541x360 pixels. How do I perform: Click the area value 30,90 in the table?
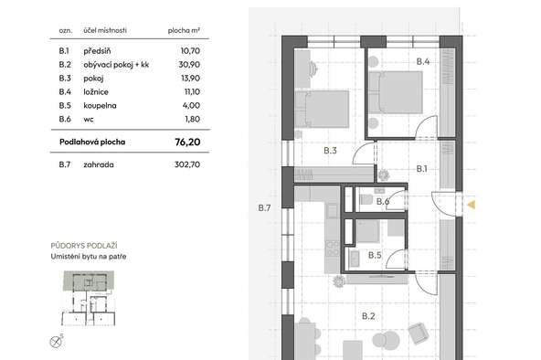pos(189,65)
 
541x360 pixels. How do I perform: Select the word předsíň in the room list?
pos(97,51)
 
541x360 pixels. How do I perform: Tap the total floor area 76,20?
pos(187,142)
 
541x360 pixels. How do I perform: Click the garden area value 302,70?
pos(187,164)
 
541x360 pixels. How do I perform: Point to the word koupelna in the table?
pos(100,105)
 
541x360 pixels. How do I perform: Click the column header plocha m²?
pos(184,30)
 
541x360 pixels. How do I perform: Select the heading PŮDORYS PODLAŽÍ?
pos(84,246)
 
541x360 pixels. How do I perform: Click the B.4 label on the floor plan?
pos(422,61)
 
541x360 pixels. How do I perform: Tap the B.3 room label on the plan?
pos(330,151)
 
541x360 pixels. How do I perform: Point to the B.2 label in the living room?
pos(368,316)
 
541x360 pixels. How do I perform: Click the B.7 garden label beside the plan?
pos(264,207)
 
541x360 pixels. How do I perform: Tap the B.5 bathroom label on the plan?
pos(375,255)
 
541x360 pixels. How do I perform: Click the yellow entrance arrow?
pos(472,205)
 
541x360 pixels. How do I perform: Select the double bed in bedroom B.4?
pos(396,92)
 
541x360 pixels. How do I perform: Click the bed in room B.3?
pos(322,109)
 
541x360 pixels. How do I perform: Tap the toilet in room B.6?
pos(366,199)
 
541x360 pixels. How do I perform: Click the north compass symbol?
pos(56,342)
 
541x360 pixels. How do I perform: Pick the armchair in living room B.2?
pos(419,334)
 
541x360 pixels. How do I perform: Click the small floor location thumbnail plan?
pos(89,299)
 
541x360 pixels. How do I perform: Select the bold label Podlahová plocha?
pos(92,142)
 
